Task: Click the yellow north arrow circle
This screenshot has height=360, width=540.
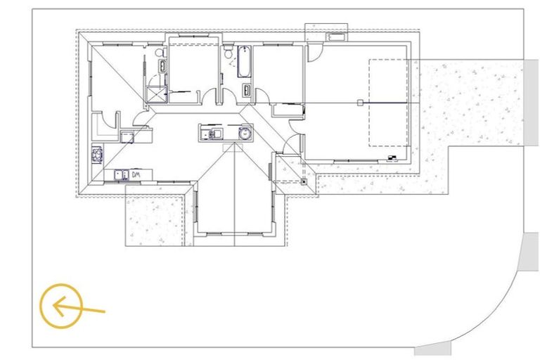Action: pos(61,306)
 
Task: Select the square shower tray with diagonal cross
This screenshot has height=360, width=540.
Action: pos(155,94)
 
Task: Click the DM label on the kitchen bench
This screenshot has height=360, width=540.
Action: pos(137,174)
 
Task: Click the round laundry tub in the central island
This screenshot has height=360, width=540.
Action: pos(244,132)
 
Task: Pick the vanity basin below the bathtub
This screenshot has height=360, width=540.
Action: pos(247,90)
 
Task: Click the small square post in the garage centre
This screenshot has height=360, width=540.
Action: pos(359,103)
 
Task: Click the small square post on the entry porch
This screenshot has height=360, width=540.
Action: pos(304,181)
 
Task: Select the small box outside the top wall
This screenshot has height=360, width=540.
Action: pos(336,36)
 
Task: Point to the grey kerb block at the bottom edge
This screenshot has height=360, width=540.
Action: pos(432,349)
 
